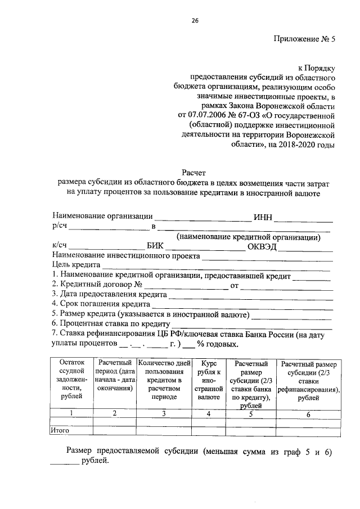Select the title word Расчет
tap(195, 173)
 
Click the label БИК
tap(156, 246)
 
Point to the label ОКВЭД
tap(262, 246)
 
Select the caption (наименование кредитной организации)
tap(248, 236)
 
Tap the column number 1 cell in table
tap(71, 414)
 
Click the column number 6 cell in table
tap(308, 414)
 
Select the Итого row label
tap(60, 430)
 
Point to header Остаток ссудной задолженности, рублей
tap(71, 380)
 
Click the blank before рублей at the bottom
tap(64, 464)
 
